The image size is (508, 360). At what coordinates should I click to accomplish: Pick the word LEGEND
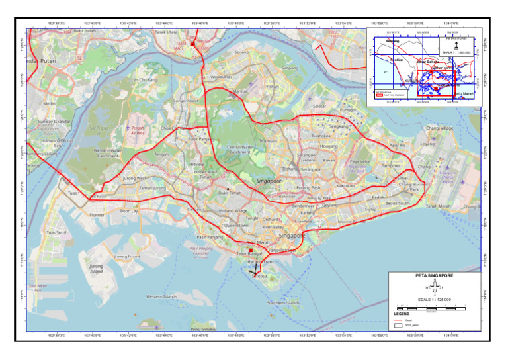(x=402, y=314)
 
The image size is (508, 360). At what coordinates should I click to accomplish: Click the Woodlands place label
(x=221, y=77)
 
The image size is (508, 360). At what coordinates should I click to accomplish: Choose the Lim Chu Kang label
(x=144, y=80)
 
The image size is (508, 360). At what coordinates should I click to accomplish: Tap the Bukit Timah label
(x=230, y=193)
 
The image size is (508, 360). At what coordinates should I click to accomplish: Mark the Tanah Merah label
(x=438, y=206)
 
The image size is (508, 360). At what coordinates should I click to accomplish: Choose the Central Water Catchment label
(x=239, y=149)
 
